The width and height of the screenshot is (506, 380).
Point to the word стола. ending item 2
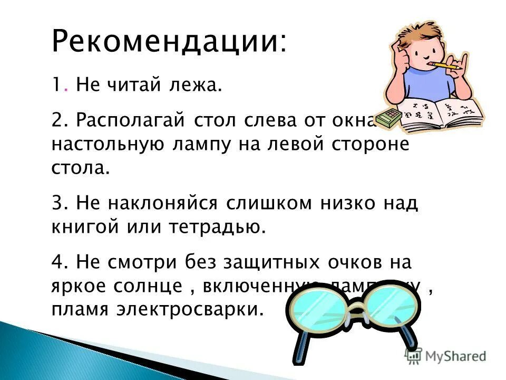81,168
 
